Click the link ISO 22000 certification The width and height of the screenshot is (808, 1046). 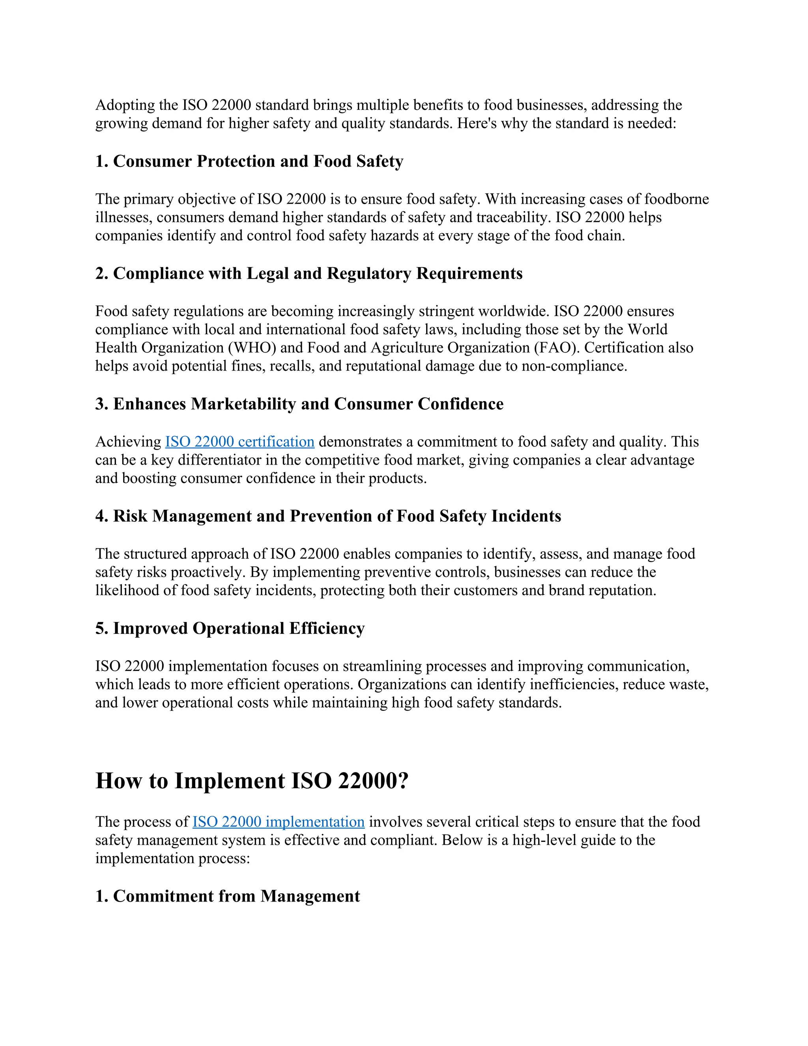pyautogui.click(x=239, y=442)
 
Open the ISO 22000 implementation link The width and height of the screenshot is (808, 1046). pyautogui.click(x=278, y=822)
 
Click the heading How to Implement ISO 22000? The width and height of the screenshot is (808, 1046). pyautogui.click(x=252, y=781)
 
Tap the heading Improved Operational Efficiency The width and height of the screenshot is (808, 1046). pyautogui.click(x=230, y=628)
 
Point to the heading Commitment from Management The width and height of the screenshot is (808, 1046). pyautogui.click(x=227, y=896)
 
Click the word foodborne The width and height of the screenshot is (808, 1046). pyautogui.click(x=676, y=199)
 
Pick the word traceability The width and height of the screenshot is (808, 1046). pyautogui.click(x=512, y=217)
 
